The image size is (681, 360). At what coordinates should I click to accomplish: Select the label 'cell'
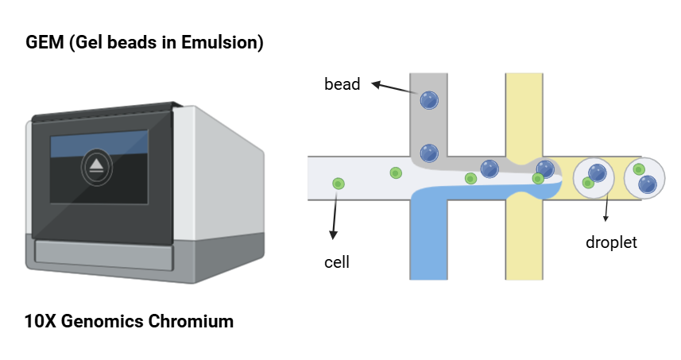click(337, 261)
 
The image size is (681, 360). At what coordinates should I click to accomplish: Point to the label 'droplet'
click(611, 242)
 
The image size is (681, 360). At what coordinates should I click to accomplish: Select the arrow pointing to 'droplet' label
click(606, 209)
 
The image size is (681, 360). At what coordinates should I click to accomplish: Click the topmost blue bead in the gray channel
click(429, 100)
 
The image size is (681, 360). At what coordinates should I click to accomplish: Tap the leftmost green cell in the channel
click(339, 184)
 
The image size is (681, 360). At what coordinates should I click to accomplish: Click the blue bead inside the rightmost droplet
click(648, 184)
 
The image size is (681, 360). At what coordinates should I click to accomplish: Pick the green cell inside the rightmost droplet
click(639, 169)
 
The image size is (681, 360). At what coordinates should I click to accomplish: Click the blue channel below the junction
click(429, 238)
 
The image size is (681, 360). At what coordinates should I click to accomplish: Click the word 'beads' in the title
click(138, 43)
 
